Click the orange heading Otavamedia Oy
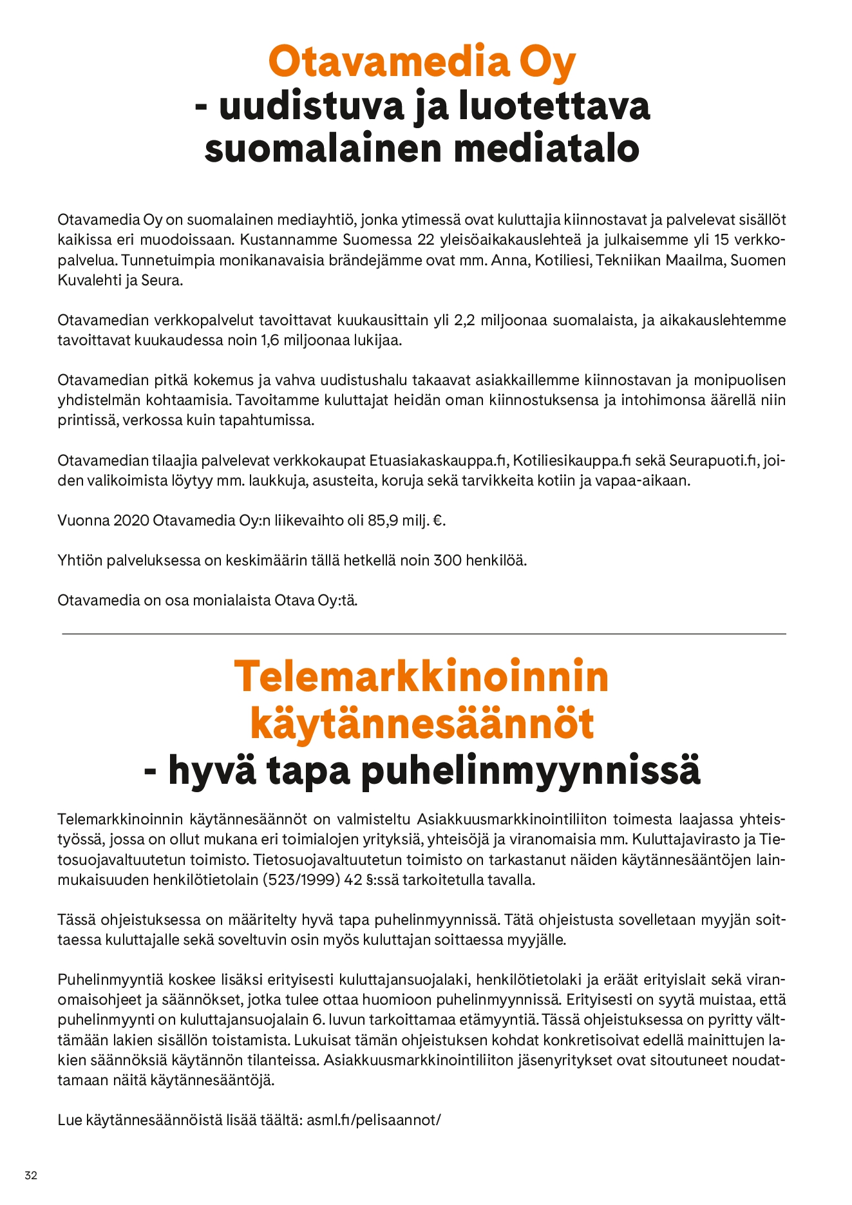coord(422,62)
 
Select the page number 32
coord(31,1175)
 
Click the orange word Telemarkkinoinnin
coord(421,676)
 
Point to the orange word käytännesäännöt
coord(421,723)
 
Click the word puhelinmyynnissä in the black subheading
coord(530,770)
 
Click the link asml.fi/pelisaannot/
coord(374,1120)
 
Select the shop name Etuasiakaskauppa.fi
coord(440,460)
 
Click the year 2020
coord(131,520)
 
